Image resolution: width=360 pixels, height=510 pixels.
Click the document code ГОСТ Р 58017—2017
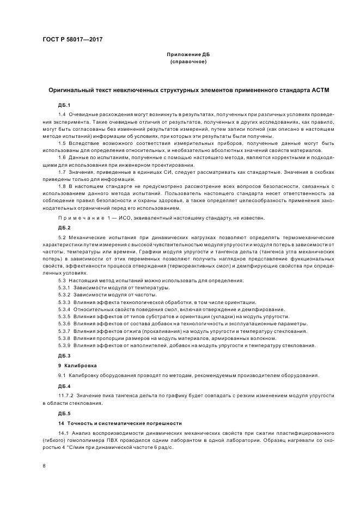[73, 40]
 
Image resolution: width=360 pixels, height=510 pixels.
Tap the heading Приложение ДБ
[188, 55]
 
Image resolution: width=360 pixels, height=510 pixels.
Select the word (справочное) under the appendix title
[188, 62]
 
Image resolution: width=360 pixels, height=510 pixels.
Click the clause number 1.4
[62, 114]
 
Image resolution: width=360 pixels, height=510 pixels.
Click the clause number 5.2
[62, 238]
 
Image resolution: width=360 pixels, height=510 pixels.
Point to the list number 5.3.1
[65, 287]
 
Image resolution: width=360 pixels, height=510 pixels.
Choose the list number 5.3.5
[65, 317]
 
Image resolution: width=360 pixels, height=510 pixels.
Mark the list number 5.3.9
[65, 345]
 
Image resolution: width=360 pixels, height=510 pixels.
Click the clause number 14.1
[63, 432]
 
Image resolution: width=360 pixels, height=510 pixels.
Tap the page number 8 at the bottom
[44, 466]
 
